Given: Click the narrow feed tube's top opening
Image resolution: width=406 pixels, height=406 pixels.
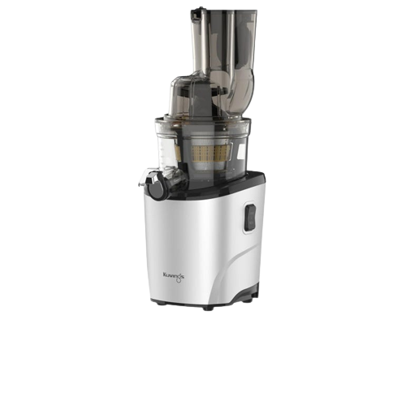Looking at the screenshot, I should [x=200, y=13].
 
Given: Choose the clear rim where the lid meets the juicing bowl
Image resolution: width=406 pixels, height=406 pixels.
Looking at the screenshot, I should [x=203, y=122].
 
